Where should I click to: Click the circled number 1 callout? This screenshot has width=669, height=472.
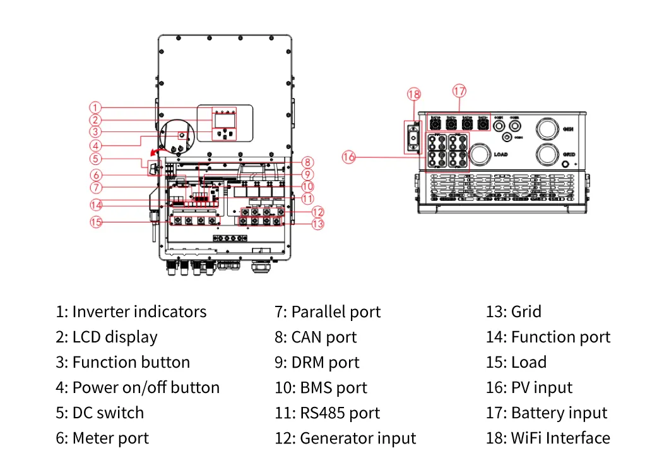pyautogui.click(x=95, y=107)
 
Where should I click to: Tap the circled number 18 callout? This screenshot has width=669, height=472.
pyautogui.click(x=413, y=95)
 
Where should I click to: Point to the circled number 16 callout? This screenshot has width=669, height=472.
pyautogui.click(x=349, y=157)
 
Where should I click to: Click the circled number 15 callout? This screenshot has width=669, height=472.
pyautogui.click(x=95, y=222)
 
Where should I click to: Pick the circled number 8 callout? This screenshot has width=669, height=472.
pyautogui.click(x=307, y=161)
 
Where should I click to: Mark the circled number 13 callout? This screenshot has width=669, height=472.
pyautogui.click(x=317, y=223)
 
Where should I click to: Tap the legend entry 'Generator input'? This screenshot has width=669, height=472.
pyautogui.click(x=345, y=439)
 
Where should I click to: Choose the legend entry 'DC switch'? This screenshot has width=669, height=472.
pyautogui.click(x=100, y=413)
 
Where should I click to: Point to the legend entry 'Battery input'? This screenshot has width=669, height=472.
pyautogui.click(x=546, y=413)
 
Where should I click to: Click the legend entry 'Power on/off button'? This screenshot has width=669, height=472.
pyautogui.click(x=138, y=388)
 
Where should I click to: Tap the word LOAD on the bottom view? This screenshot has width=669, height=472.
pyautogui.click(x=501, y=154)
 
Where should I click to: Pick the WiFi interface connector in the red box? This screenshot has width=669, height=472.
pyautogui.click(x=413, y=136)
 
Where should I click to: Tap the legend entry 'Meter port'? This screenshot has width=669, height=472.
pyautogui.click(x=102, y=439)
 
